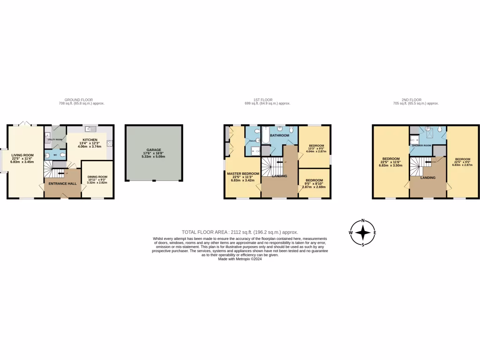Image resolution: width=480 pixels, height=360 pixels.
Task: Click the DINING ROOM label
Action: point(97,177)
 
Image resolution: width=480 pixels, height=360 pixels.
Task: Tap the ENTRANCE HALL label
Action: point(62,183)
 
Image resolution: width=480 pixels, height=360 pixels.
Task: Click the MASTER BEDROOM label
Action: point(243,173)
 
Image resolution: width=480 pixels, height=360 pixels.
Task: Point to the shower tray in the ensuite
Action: point(255,150)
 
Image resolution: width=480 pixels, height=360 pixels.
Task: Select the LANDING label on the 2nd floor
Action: point(427,178)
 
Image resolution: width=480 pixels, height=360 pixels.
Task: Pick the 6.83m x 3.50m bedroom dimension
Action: point(391,165)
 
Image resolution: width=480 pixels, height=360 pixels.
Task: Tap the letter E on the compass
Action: point(375,232)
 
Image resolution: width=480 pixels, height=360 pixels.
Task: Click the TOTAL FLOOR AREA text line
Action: point(240,232)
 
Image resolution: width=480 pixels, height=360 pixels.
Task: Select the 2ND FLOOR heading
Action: point(412,100)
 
